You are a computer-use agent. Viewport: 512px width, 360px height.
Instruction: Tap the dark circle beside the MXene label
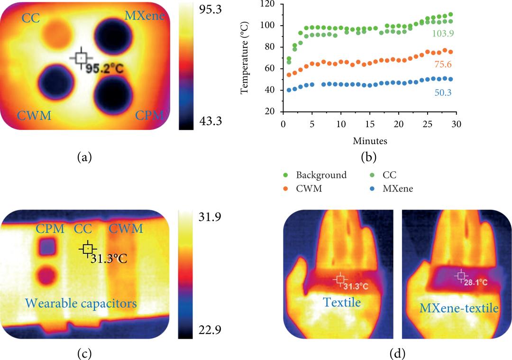tap(115, 36)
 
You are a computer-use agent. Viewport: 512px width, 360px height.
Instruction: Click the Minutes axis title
tap(369, 141)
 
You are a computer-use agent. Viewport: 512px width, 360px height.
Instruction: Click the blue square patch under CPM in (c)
tap(47, 247)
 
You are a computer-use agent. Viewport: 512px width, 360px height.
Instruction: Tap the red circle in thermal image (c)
tap(47, 275)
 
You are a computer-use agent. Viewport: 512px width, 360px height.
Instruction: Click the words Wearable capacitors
tap(81, 302)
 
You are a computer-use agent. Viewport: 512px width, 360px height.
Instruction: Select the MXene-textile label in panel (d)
tap(458, 308)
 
